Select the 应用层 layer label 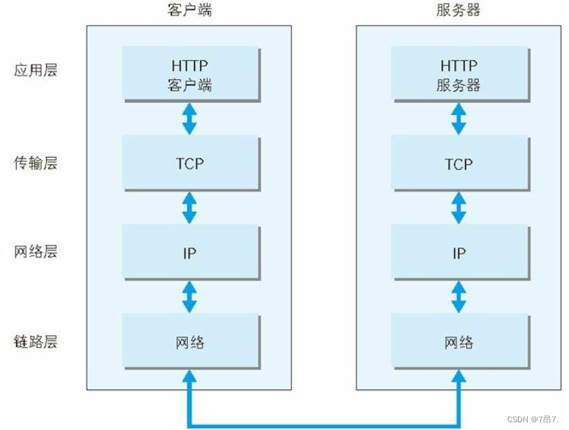[x=36, y=71]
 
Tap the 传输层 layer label [x=36, y=163]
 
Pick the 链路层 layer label [x=36, y=342]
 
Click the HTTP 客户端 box [x=189, y=73]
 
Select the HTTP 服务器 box [x=458, y=73]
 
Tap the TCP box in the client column [x=189, y=163]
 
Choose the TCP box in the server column [x=458, y=163]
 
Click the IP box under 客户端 [x=189, y=253]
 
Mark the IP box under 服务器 [x=458, y=253]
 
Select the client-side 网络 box [x=189, y=342]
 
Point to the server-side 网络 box [x=458, y=342]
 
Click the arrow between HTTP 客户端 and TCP [x=189, y=119]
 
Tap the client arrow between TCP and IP [x=189, y=208]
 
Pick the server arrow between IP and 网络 [x=458, y=297]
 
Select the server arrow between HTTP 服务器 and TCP [x=458, y=119]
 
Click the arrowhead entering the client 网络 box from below [x=189, y=379]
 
